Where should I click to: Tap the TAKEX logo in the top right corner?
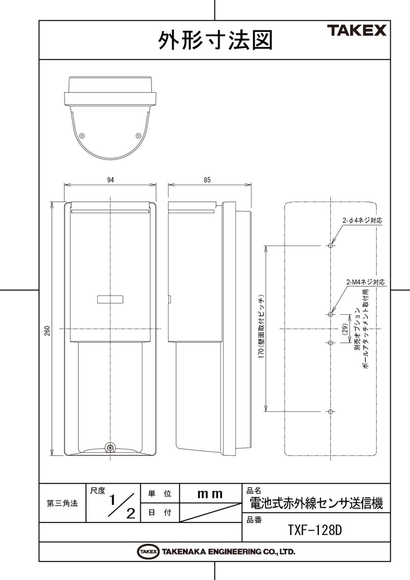(x=357, y=31)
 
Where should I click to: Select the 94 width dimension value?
(x=110, y=180)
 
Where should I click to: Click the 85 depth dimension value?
(x=207, y=180)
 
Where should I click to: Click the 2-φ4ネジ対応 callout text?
(x=363, y=220)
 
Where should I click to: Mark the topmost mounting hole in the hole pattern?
(x=330, y=246)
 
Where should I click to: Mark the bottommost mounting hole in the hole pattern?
(x=330, y=411)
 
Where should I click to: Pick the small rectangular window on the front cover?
(x=111, y=299)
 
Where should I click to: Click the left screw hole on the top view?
(x=82, y=135)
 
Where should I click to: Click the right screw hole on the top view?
(x=138, y=135)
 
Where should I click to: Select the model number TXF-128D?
(x=315, y=530)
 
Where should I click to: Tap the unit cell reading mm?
(x=210, y=494)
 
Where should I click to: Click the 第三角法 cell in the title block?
(x=62, y=503)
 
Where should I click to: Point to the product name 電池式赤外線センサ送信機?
(x=315, y=504)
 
